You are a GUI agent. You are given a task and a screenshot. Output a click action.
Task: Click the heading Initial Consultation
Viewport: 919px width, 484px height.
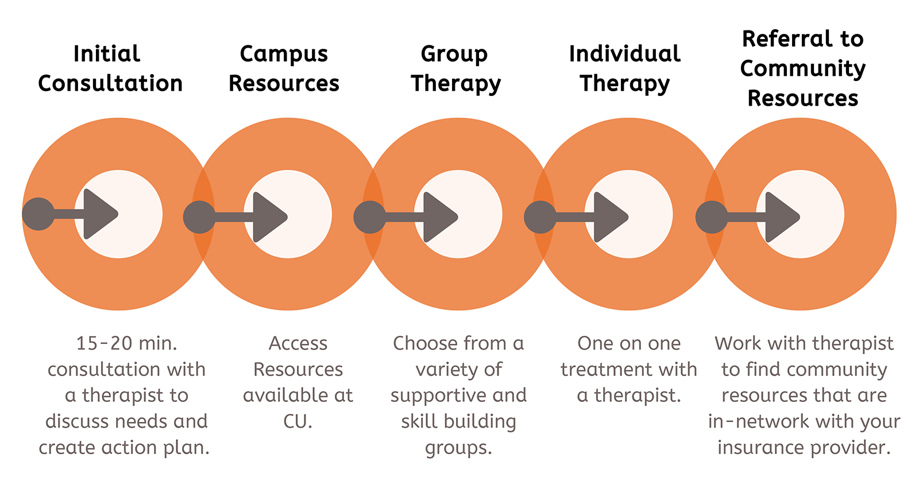point(110,68)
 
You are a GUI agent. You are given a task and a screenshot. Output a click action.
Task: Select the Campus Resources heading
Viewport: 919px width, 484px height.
point(284,68)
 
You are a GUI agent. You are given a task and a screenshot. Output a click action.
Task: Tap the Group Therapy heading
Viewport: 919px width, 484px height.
point(455,68)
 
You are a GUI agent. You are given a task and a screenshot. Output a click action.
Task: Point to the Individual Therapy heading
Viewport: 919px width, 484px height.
point(624,68)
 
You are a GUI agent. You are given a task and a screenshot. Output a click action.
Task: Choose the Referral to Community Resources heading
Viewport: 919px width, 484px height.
point(802,68)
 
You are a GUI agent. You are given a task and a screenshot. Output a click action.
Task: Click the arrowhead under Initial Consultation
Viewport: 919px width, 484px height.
point(99,214)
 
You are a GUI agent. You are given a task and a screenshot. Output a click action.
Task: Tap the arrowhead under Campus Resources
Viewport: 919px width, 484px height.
point(268,216)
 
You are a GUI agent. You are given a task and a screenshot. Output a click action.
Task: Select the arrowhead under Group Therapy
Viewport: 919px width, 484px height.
point(439,216)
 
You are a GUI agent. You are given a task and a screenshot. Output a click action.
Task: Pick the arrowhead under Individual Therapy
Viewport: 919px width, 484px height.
point(609,216)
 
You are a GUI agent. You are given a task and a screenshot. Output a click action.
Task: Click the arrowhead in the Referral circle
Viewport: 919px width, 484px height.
point(781,216)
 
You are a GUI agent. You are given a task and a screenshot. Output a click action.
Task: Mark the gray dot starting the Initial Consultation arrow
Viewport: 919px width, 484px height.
point(38,214)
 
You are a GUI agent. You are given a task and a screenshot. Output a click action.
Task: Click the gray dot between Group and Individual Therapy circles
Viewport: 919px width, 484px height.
point(540,217)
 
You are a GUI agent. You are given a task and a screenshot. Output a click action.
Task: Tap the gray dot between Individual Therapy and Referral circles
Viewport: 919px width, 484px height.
point(712,217)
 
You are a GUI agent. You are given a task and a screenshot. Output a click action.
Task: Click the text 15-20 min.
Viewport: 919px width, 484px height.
point(126,343)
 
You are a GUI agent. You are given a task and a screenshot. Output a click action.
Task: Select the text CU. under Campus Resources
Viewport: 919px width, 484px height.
point(298,421)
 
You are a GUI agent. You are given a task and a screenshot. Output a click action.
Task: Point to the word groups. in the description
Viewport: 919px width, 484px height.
point(458,447)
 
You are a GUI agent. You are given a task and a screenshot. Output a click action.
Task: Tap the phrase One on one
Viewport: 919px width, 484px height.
point(628,343)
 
